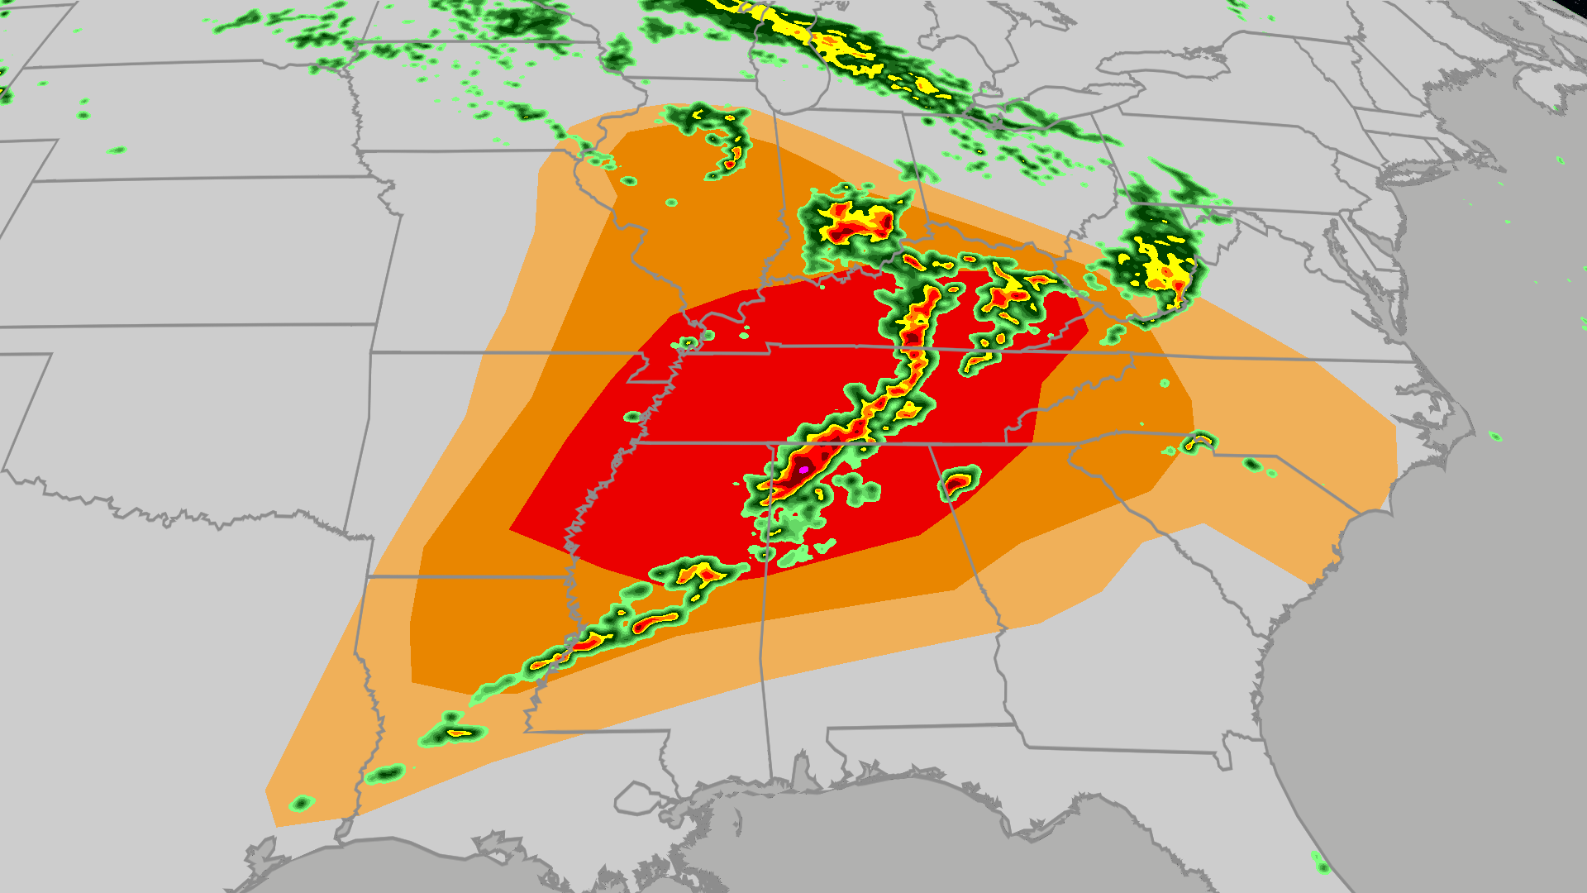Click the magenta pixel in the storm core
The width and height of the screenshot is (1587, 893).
pos(803,470)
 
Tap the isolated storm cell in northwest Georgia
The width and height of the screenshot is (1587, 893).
pos(958,481)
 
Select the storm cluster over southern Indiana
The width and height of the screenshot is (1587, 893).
pos(851,219)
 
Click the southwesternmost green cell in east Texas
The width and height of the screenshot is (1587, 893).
pos(302,803)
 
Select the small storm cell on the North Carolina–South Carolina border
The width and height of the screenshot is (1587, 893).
pos(1199,442)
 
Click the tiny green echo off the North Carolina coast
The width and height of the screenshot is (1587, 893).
pos(1494,436)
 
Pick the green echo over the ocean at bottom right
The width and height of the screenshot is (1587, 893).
pos(1320,864)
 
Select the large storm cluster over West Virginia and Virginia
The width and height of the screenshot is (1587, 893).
pos(1157,256)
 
